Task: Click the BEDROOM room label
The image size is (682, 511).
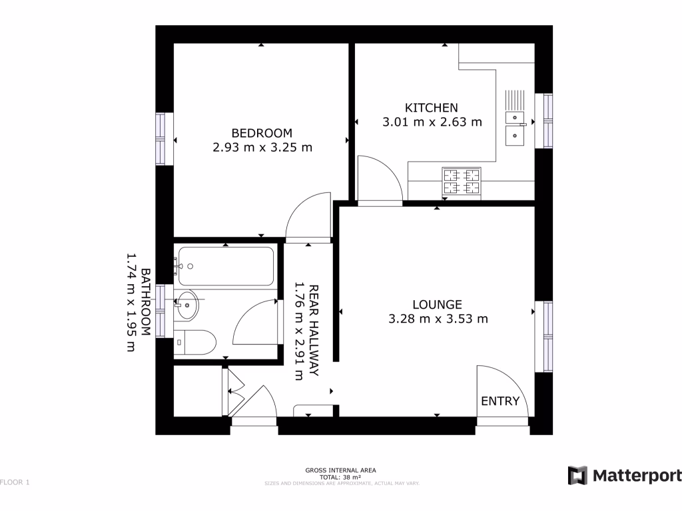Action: pyautogui.click(x=262, y=133)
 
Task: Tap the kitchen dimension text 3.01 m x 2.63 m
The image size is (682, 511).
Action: pyautogui.click(x=432, y=122)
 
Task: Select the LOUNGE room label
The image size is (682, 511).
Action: pyautogui.click(x=437, y=305)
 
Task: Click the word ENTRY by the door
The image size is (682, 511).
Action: pyautogui.click(x=500, y=401)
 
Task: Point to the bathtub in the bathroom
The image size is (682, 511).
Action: pyautogui.click(x=225, y=266)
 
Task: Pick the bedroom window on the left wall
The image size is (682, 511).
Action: pyautogui.click(x=161, y=138)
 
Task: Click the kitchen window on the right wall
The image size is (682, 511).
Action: pyautogui.click(x=547, y=120)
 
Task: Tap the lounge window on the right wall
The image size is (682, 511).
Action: pyautogui.click(x=547, y=337)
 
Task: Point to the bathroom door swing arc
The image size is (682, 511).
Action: pyautogui.click(x=254, y=322)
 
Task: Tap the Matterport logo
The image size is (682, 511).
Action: pyautogui.click(x=624, y=475)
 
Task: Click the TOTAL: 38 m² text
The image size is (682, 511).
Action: pyautogui.click(x=341, y=477)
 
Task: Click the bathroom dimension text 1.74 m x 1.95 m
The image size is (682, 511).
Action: pyautogui.click(x=132, y=301)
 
